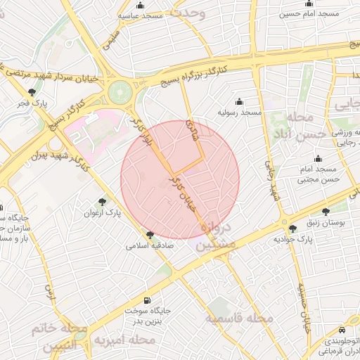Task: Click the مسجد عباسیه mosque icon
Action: click(x=141, y=5)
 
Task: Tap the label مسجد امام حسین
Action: click(x=309, y=13)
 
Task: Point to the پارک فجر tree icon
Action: click(x=31, y=92)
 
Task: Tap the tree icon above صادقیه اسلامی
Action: click(x=150, y=235)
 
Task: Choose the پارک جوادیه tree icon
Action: click(x=292, y=228)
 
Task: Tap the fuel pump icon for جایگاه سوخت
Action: click(x=146, y=300)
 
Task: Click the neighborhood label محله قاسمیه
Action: click(x=239, y=319)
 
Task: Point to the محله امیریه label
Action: click(x=124, y=340)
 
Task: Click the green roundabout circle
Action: click(x=120, y=91)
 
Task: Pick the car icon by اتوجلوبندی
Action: click(x=341, y=329)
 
